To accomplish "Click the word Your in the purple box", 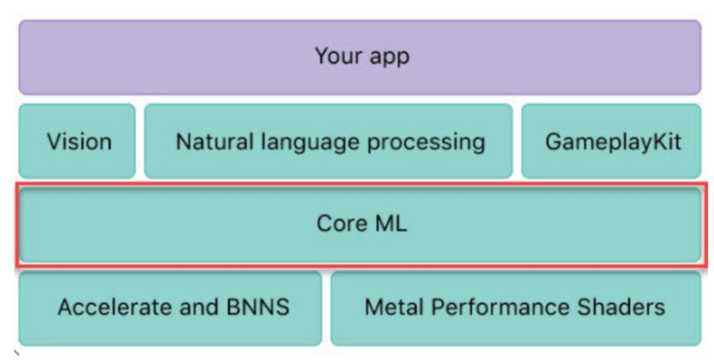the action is pos(337,56).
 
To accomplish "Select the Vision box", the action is pos(77,141).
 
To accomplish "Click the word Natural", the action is pos(212,141).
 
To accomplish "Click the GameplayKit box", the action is pos(611,141).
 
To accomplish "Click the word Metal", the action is pos(395,307).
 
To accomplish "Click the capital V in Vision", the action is pos(54,141).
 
